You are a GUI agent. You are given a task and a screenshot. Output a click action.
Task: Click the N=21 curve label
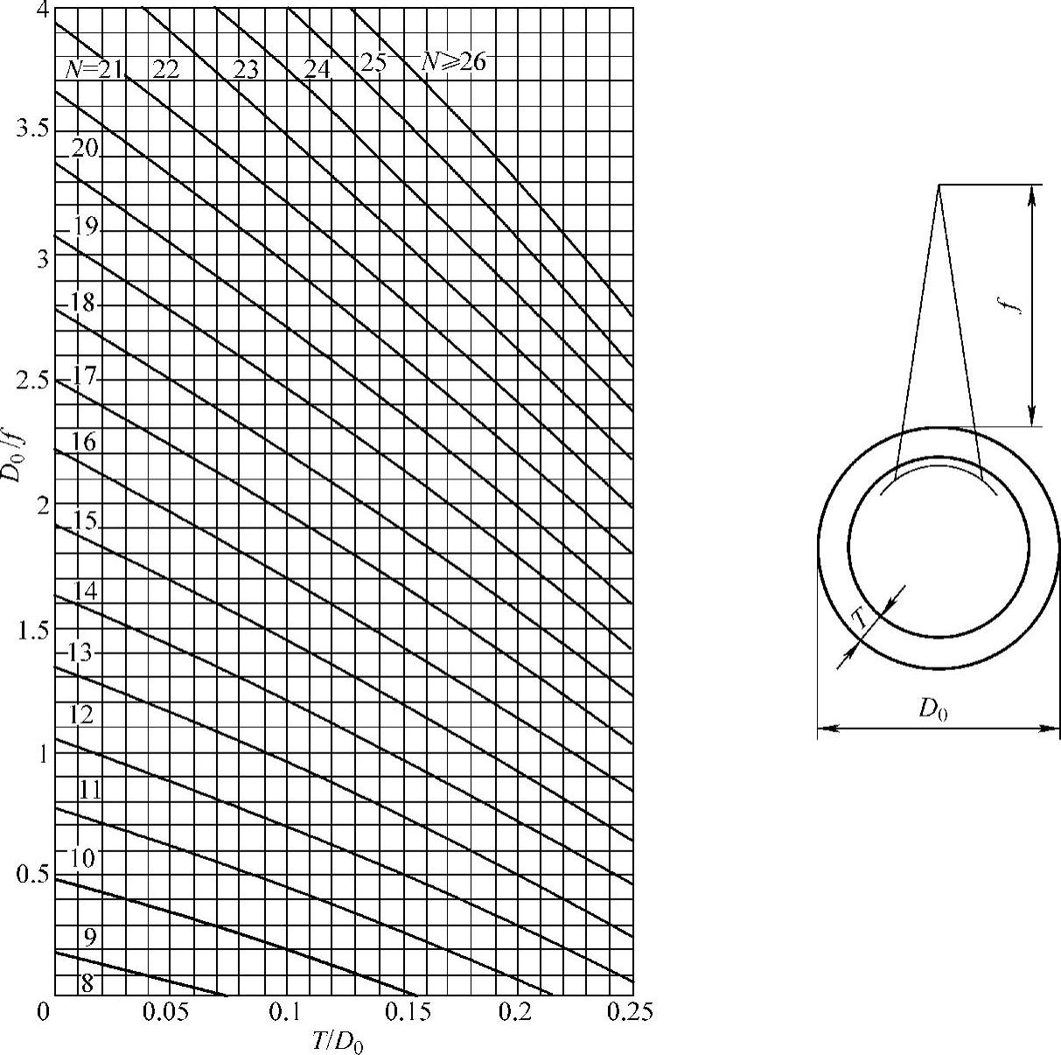(x=94, y=69)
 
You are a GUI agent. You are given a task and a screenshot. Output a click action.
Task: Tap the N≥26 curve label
(x=454, y=62)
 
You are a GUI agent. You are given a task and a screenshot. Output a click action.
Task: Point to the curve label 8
(x=87, y=983)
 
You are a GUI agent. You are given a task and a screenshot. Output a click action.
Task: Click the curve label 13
(x=80, y=653)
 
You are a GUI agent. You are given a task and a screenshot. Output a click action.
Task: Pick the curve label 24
(x=318, y=69)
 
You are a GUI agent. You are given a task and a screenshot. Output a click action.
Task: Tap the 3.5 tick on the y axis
(x=32, y=130)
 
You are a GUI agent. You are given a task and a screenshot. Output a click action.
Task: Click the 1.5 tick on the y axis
(x=33, y=632)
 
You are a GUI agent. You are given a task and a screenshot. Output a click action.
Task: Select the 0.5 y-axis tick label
(x=32, y=875)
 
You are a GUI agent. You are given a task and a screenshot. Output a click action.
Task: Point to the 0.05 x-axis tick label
(x=165, y=1013)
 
